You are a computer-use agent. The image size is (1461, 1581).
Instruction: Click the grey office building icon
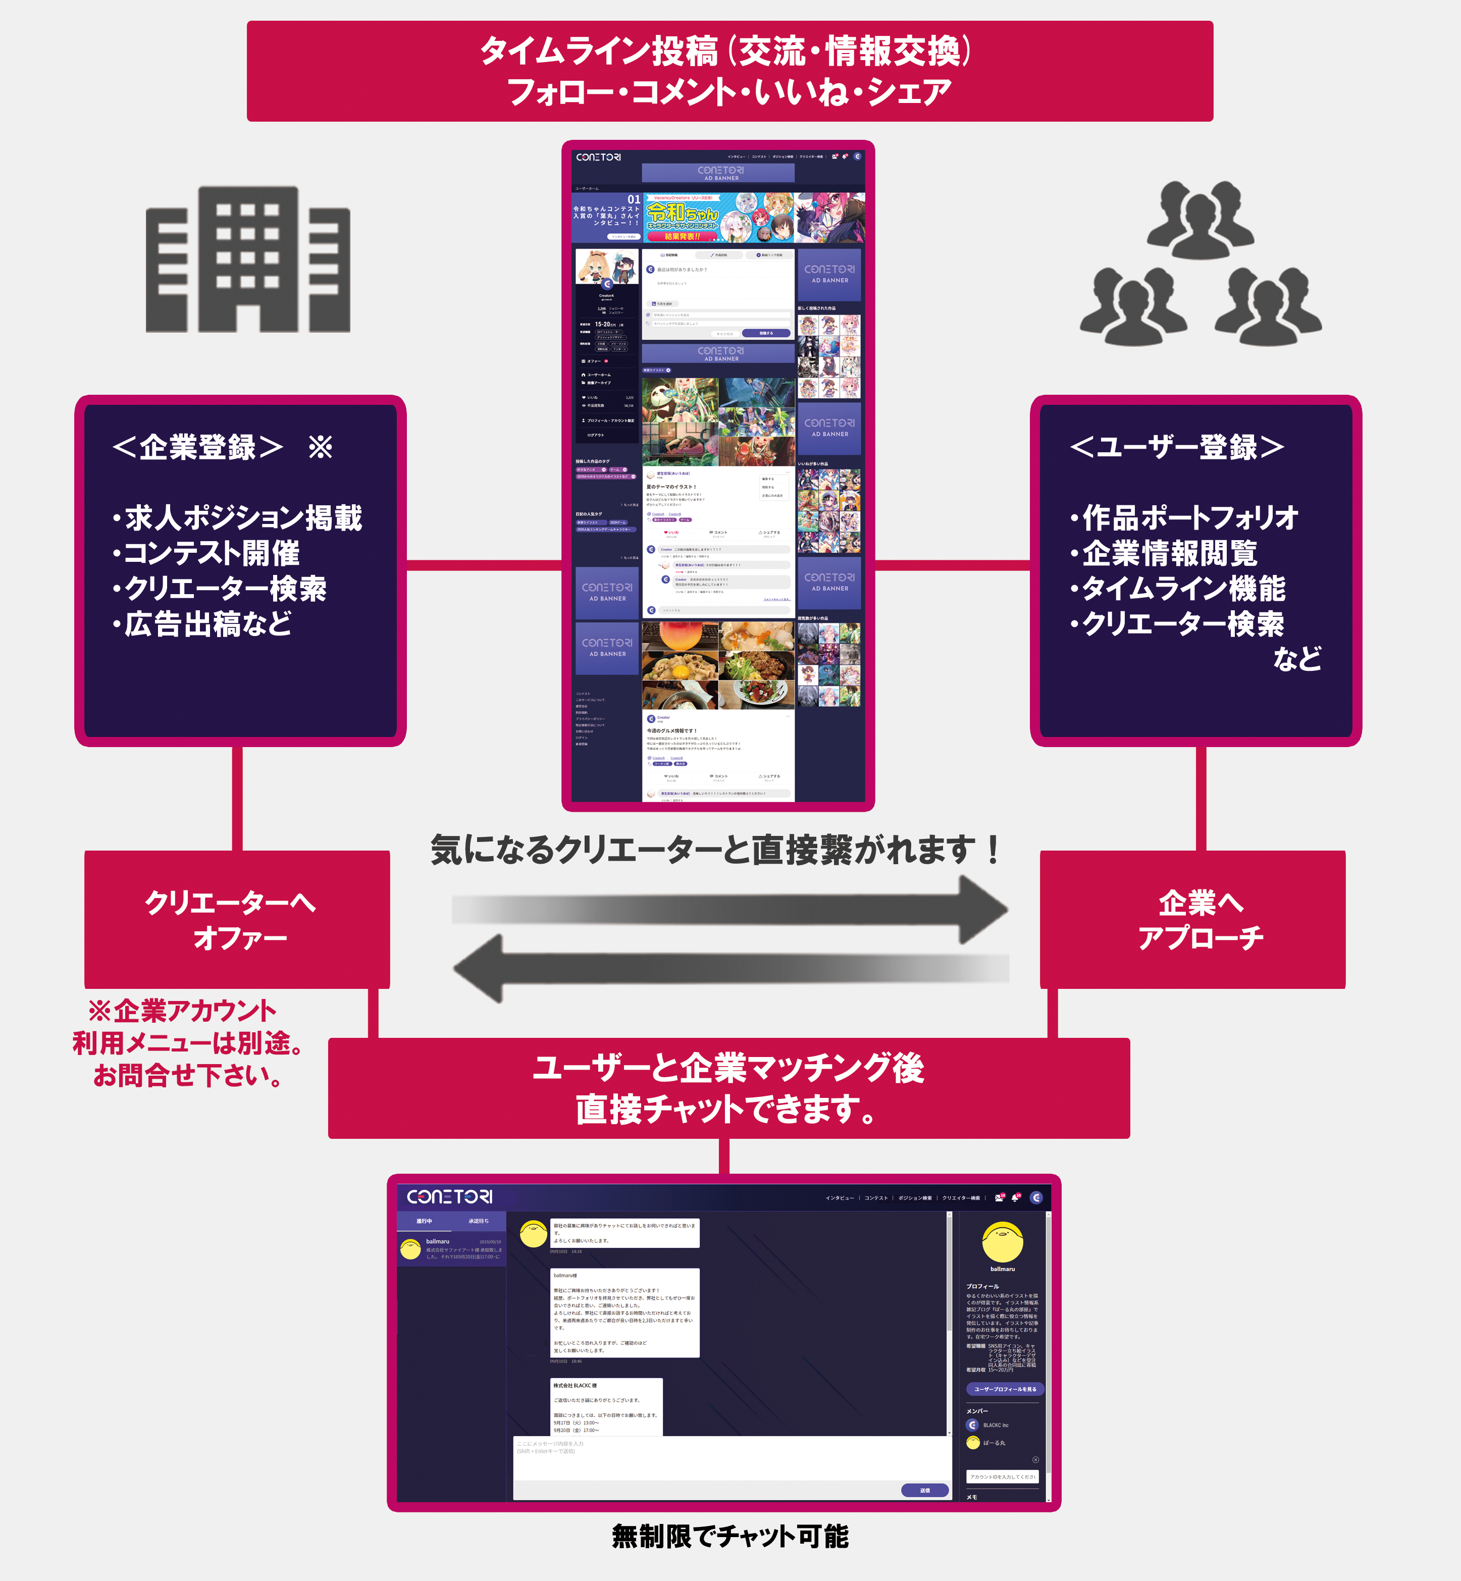point(247,259)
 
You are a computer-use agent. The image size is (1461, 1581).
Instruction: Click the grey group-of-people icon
point(1200,265)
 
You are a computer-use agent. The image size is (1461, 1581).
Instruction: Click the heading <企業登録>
point(198,447)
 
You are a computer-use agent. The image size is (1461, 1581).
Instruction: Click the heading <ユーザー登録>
point(1176,447)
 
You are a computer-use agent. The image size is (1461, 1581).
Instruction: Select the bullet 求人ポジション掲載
point(237,518)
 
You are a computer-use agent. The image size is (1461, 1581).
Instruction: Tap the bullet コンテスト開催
point(207,553)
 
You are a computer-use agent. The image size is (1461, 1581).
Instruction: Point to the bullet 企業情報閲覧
point(1164,553)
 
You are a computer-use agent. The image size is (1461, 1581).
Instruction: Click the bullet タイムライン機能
point(1178,589)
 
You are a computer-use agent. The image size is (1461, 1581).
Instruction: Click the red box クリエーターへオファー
point(237,919)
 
